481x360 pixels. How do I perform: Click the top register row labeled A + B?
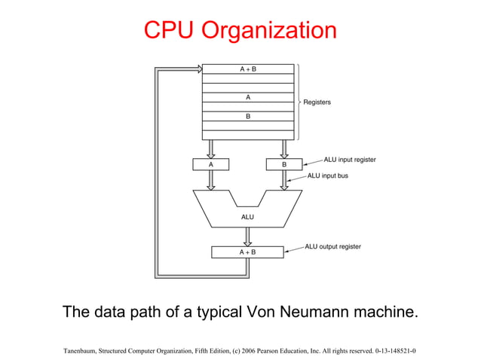coord(248,69)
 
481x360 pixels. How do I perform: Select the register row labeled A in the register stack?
coord(248,97)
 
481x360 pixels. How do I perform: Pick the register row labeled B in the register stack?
coord(248,117)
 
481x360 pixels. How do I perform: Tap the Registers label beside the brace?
coord(317,102)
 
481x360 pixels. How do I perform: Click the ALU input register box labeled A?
coord(211,164)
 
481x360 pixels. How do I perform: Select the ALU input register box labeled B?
coord(284,164)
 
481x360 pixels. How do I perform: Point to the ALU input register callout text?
coord(349,160)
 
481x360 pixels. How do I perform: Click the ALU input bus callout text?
coord(332,175)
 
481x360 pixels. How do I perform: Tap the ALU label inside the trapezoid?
coord(247,217)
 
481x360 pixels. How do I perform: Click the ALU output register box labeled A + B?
coord(247,252)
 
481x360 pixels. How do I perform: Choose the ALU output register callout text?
coord(332,246)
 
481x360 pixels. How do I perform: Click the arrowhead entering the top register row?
coord(198,69)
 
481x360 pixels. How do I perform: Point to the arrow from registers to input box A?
coord(211,148)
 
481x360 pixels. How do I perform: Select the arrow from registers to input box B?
coord(284,148)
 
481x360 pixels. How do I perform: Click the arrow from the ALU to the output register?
coord(247,237)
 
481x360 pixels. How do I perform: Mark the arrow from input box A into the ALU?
coord(211,179)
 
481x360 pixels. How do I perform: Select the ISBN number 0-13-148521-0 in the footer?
coord(396,351)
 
